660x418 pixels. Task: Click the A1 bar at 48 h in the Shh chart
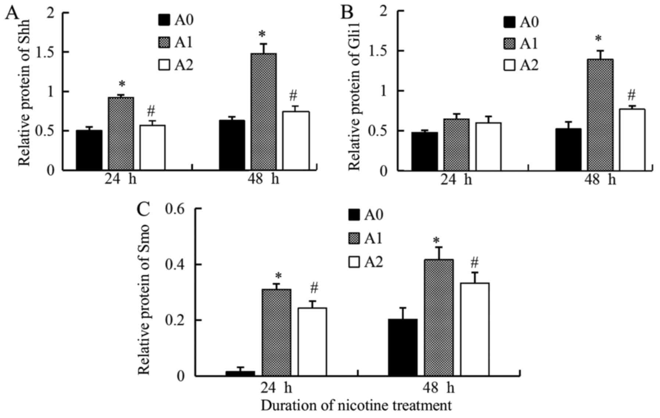tap(264, 112)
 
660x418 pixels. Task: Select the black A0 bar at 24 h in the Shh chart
tap(89, 150)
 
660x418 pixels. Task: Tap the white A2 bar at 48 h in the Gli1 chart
tap(632, 140)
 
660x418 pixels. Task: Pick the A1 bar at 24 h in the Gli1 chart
tap(456, 145)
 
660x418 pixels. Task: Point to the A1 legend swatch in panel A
tap(164, 43)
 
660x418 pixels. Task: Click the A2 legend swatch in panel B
tap(509, 65)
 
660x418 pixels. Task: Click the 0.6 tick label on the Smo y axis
tap(177, 209)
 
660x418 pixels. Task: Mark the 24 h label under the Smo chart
tap(277, 388)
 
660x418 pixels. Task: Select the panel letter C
tap(143, 210)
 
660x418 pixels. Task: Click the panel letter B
tap(347, 13)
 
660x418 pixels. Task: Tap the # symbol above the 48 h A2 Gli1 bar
tap(631, 96)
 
